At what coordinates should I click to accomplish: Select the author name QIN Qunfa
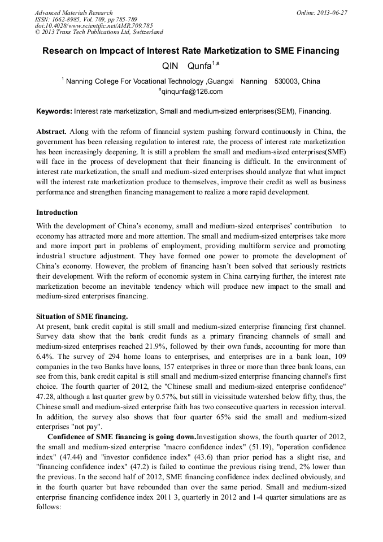(x=186, y=66)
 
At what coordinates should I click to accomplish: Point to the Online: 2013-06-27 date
(x=321, y=12)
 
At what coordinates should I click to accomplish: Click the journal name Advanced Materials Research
(x=73, y=12)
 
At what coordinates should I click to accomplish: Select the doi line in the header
(x=94, y=25)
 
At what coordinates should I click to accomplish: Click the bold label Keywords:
(x=54, y=111)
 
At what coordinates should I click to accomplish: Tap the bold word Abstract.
(x=51, y=132)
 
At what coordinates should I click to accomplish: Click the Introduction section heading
(x=57, y=213)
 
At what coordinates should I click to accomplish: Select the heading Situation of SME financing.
(x=82, y=316)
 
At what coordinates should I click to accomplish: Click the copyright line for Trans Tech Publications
(x=99, y=32)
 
